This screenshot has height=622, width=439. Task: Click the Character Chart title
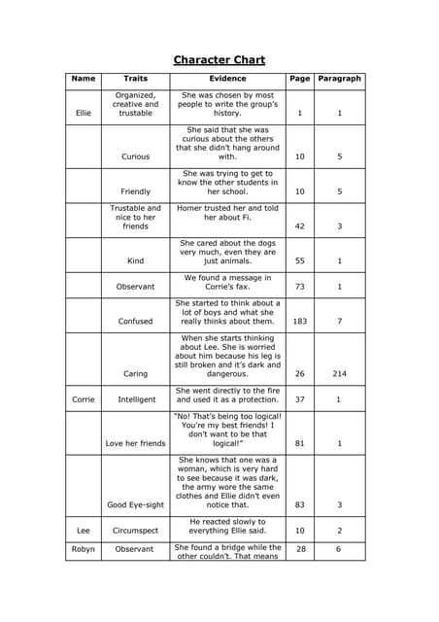(219, 60)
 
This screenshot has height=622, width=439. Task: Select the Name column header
(84, 79)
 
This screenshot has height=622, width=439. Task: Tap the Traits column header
(136, 79)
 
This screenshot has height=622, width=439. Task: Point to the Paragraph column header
(339, 79)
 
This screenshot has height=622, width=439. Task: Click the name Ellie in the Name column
(84, 113)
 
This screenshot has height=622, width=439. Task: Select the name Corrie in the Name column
(84, 399)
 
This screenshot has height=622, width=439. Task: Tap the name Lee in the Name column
(84, 531)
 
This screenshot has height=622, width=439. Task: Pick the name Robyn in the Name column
(84, 550)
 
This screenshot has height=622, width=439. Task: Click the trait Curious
(136, 156)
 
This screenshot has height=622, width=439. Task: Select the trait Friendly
(136, 191)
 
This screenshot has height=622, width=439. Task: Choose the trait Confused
(136, 322)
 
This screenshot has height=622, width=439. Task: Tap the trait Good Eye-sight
(136, 505)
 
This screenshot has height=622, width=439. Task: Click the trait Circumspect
(136, 531)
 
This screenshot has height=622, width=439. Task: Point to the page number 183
(299, 322)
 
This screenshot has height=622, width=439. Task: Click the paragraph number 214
(339, 374)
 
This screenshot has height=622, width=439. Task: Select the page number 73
(299, 287)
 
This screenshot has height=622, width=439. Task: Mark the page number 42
(299, 226)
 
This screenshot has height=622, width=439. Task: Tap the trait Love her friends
(136, 444)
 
